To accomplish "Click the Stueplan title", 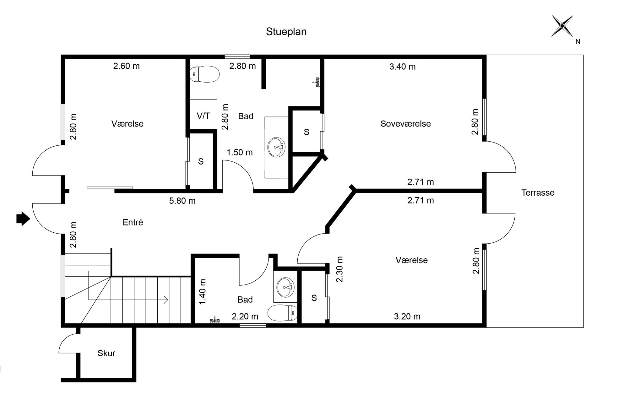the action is tap(286, 32).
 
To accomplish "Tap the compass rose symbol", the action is tap(562, 26).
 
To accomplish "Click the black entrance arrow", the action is tap(23, 218).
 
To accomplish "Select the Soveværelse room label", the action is tap(405, 124).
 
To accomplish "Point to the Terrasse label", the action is tap(538, 192).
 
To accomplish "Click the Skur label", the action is tap(106, 353).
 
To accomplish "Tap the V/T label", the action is tap(203, 116).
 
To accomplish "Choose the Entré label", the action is tap(133, 222).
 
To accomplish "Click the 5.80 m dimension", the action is tap(182, 201).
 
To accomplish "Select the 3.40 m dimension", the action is tap(402, 67).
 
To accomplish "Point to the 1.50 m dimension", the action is tap(240, 152).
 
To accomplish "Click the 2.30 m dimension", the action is tap(340, 269).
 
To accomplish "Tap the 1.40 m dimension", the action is tap(203, 292).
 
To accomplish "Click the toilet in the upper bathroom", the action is tap(204, 74).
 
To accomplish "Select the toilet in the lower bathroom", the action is tap(283, 313).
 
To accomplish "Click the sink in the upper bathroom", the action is tap(276, 147).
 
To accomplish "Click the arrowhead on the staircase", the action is tap(166, 300).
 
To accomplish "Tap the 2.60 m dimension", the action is tap(126, 66).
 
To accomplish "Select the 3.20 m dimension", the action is tap(407, 316).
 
